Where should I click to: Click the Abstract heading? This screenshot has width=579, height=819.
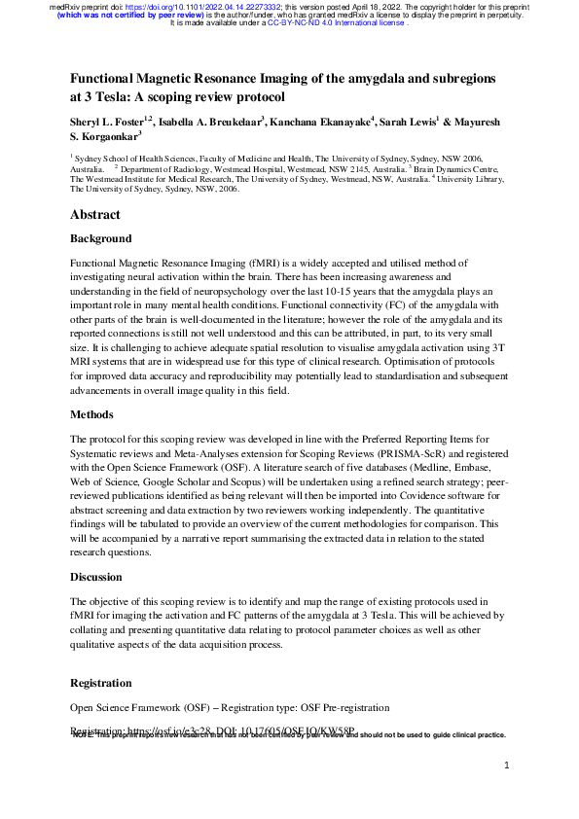click(x=95, y=215)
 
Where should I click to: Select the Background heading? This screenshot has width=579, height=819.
click(x=101, y=238)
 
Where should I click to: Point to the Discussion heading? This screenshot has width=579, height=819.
click(x=97, y=578)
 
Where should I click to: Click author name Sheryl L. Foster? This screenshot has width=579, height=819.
click(x=105, y=125)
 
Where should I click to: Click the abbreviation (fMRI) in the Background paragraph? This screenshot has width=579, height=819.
click(x=248, y=263)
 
